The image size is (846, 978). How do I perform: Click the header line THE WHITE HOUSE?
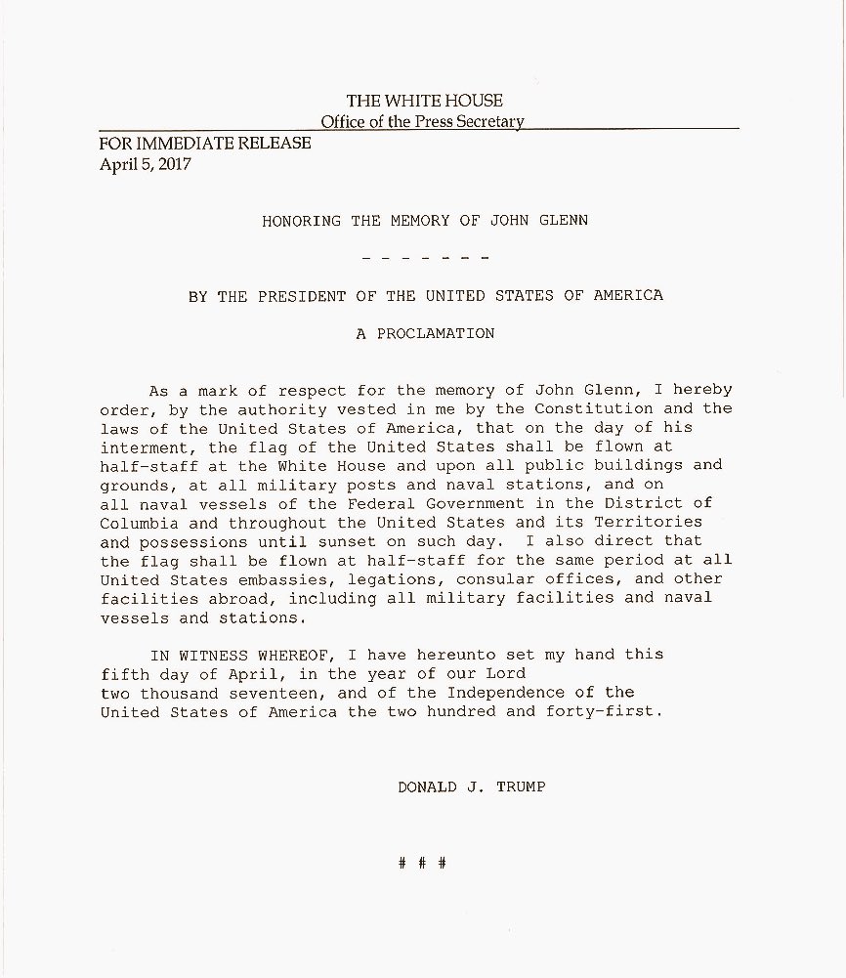[424, 102]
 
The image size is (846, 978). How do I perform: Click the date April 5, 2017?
[146, 164]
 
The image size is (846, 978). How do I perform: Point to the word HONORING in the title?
[302, 222]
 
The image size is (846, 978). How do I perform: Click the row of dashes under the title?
[424, 258]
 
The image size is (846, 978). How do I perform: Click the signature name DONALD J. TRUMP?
[471, 787]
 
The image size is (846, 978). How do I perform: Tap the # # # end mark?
[423, 864]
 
